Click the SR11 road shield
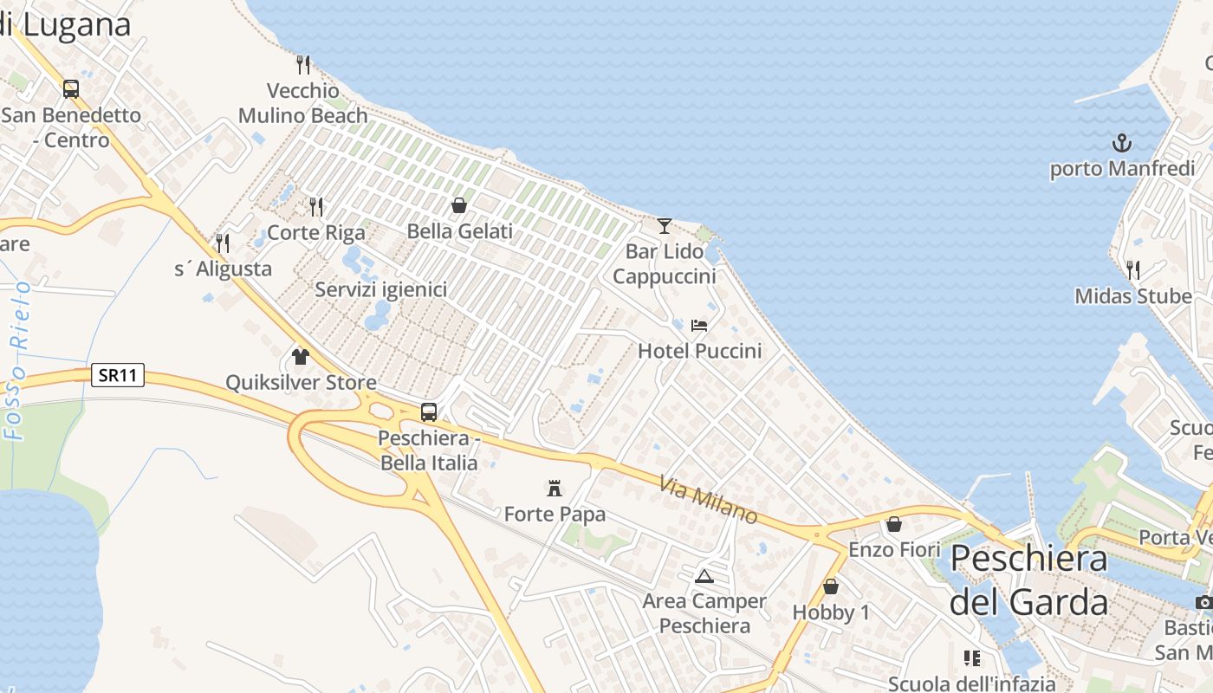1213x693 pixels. pos(118,375)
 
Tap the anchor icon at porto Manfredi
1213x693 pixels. pos(1122,142)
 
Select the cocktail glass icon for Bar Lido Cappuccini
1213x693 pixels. pos(665,226)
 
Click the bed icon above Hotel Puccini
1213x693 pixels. pos(699,326)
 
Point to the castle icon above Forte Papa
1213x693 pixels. pos(555,489)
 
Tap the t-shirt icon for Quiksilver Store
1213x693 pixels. pos(301,356)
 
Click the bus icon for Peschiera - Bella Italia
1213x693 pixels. pos(429,411)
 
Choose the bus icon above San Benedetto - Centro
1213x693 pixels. pos(71,88)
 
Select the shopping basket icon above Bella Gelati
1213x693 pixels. pos(459,205)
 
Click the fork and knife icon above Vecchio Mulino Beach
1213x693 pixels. pos(303,63)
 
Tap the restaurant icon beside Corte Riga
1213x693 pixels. pos(316,206)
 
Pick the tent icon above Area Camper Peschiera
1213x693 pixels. pos(704,576)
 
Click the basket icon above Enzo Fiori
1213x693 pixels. pos(894,524)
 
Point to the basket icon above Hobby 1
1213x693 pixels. pos(831,586)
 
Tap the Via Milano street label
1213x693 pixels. pos(709,501)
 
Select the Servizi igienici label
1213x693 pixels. pos(381,289)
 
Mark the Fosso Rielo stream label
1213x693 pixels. pos(17,359)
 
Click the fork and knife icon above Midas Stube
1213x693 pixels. pos(1132,269)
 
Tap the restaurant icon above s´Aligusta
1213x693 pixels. pos(223,243)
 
